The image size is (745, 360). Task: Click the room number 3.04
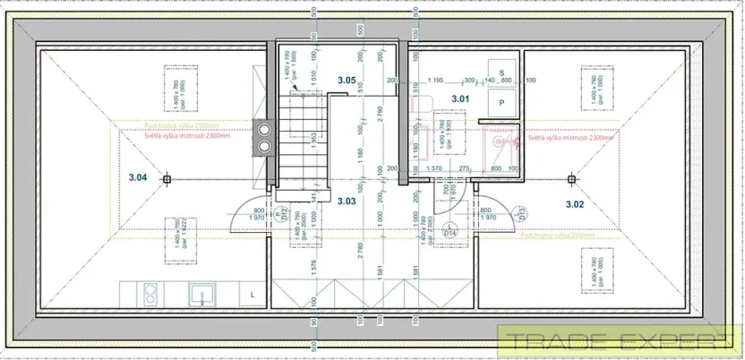tap(137, 177)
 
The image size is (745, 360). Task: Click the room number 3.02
tap(575, 204)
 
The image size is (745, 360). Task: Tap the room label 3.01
tap(460, 99)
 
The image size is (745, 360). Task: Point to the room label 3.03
tap(347, 201)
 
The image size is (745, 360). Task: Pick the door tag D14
tap(451, 234)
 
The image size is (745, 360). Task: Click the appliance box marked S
tap(501, 73)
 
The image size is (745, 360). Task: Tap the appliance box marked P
tap(501, 104)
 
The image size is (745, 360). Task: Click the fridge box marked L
tap(253, 294)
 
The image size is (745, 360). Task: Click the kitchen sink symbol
tap(203, 293)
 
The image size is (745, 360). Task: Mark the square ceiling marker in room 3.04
tap(167, 179)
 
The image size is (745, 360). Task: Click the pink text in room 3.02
tap(571, 139)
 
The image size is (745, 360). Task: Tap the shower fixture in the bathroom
tap(501, 141)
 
